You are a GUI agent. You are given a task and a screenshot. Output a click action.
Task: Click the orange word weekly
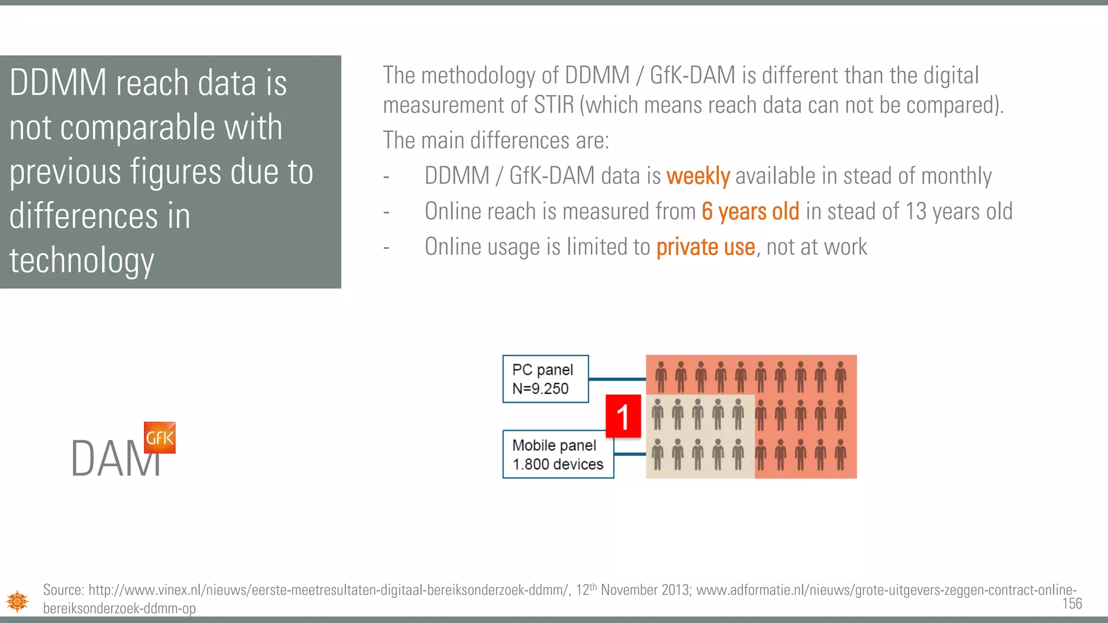point(698,176)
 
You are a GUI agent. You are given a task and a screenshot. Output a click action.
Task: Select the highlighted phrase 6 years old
point(750,211)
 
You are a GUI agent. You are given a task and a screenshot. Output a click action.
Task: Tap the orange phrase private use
point(705,247)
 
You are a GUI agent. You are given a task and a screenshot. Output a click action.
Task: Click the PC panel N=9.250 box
point(545,379)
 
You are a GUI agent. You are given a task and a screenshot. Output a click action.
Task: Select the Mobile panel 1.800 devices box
point(558,454)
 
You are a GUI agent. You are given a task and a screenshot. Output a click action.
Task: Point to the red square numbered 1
point(623,416)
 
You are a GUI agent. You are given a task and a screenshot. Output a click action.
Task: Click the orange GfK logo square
point(160,437)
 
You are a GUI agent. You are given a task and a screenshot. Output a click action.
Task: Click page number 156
point(1072,604)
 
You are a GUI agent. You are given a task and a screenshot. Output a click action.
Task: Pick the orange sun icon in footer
point(17,601)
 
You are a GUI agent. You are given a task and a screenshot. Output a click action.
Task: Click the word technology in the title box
point(82,260)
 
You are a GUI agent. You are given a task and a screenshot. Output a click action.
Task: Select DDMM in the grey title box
point(58,83)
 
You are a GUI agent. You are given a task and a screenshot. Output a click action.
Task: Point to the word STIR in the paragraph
point(553,105)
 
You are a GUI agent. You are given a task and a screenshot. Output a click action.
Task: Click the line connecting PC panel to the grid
point(617,379)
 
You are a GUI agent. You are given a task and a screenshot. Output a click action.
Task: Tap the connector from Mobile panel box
point(630,454)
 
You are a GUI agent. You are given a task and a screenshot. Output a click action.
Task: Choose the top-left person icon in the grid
point(661,376)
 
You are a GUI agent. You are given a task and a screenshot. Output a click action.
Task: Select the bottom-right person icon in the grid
point(840,454)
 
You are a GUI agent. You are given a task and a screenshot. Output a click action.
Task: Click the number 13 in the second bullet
point(915,211)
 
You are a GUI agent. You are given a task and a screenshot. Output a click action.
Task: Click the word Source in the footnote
point(63,589)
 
